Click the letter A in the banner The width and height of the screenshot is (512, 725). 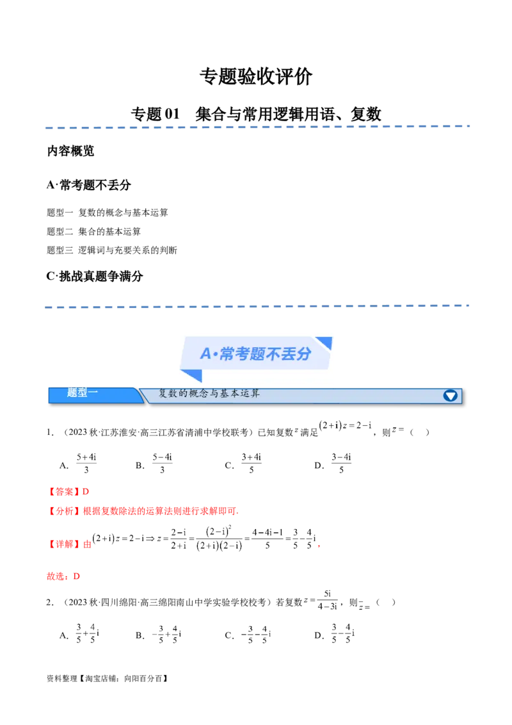(x=205, y=354)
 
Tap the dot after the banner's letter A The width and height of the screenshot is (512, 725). (x=216, y=354)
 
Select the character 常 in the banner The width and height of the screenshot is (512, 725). (x=227, y=354)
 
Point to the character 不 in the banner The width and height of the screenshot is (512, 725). (x=272, y=354)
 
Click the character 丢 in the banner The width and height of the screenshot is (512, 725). (x=287, y=354)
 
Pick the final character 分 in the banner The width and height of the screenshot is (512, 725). (x=303, y=354)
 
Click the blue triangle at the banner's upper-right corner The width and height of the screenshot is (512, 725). (x=324, y=343)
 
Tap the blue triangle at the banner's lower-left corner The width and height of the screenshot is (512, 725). (x=189, y=375)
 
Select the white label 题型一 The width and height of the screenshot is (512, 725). (x=83, y=393)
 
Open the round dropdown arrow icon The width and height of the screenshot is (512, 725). (x=451, y=395)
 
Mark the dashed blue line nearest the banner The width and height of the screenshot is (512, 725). (x=256, y=306)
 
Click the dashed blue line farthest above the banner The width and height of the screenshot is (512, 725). (x=256, y=127)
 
